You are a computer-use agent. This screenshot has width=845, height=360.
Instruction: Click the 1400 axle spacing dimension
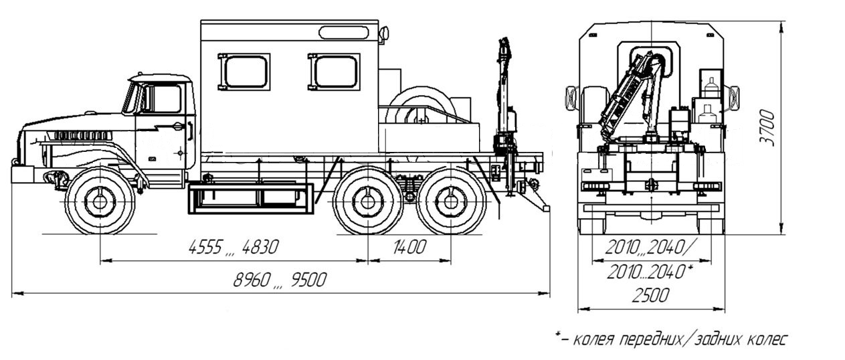[x=409, y=247]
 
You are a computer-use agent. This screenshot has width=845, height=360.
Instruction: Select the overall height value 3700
[x=767, y=128]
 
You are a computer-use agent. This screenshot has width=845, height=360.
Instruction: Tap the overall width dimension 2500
[x=651, y=295]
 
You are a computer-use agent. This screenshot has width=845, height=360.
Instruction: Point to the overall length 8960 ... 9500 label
[x=280, y=280]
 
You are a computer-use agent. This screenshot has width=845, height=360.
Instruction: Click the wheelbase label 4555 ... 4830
[x=233, y=247]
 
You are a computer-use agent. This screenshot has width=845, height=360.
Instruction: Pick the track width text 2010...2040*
[x=650, y=271]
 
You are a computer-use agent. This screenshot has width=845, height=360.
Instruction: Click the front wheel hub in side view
[x=100, y=202]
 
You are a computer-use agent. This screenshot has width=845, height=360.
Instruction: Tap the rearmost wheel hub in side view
[x=451, y=202]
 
